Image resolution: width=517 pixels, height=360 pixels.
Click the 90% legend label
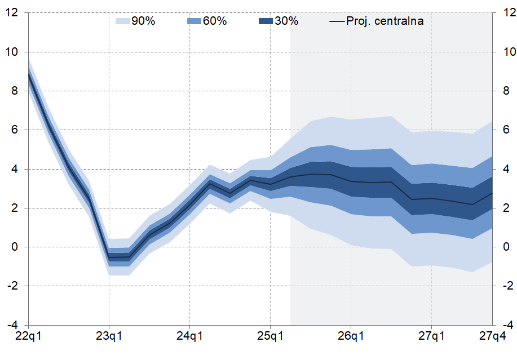pos(143,21)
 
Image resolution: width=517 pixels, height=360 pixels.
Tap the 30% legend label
pos(286,21)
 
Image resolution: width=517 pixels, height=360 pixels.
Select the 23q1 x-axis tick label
pos(109,336)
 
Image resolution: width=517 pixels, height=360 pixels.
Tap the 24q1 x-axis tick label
pos(189,336)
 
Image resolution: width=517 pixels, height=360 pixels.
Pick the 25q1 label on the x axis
pos(270,336)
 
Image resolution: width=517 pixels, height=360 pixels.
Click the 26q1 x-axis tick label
pos(351,336)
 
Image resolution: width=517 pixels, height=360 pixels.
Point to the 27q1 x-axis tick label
pos(431,336)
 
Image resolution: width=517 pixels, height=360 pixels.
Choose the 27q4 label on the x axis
pos(492,336)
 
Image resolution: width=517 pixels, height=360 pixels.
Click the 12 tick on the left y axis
pos(12,13)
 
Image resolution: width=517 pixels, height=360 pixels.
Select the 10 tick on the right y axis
pos(507,52)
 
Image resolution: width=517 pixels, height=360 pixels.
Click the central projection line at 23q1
pos(109,258)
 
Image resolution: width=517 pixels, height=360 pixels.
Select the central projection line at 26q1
pos(351,181)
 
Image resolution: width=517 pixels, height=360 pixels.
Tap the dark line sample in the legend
pos(337,21)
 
